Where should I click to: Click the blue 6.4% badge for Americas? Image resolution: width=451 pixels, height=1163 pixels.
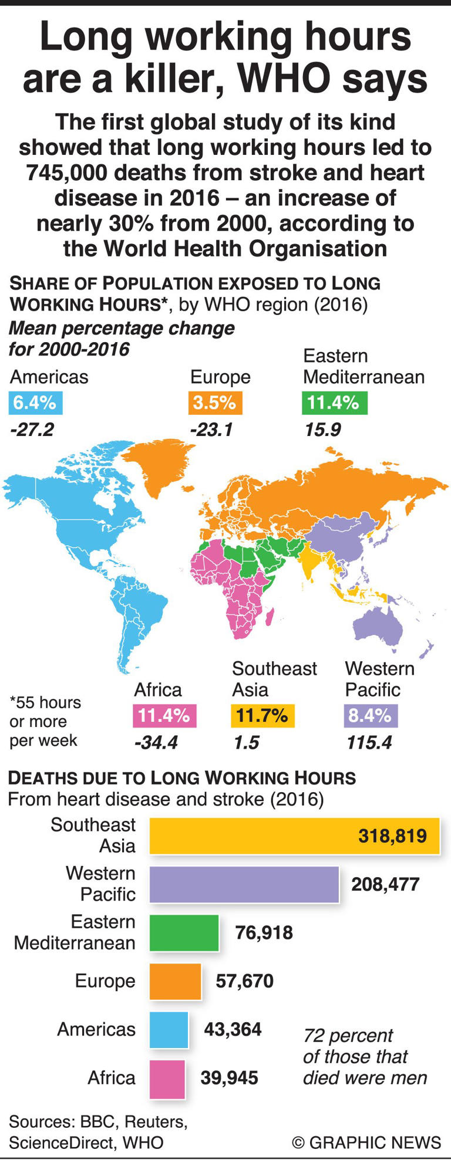tap(35, 403)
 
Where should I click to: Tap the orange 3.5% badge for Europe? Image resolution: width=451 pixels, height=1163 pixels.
tap(215, 403)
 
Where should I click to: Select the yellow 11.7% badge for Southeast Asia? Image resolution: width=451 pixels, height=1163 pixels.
tap(262, 716)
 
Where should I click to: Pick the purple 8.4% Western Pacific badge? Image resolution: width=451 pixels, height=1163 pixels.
tap(370, 716)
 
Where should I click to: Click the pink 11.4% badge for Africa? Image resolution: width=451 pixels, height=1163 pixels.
tap(164, 716)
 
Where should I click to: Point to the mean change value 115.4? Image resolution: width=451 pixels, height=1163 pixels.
tap(369, 743)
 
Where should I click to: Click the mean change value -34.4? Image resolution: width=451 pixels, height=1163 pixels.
tap(156, 743)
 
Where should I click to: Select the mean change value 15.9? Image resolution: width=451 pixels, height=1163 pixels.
tap(322, 430)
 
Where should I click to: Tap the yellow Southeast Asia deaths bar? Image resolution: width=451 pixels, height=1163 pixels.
tap(294, 836)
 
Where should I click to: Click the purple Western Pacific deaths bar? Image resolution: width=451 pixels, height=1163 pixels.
tap(244, 884)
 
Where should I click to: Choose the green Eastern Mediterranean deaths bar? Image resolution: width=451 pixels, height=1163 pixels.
tap(184, 932)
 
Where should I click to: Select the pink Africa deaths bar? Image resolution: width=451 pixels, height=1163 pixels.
tap(167, 1079)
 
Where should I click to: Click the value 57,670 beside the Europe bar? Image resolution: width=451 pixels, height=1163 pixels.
tap(244, 981)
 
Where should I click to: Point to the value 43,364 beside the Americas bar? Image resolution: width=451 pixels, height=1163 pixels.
tap(233, 1029)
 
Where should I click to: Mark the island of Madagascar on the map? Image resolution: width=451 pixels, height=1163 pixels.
tap(270, 617)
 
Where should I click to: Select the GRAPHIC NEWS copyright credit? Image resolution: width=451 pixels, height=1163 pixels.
tap(366, 1142)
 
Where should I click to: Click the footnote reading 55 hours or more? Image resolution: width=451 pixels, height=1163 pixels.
tap(45, 722)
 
